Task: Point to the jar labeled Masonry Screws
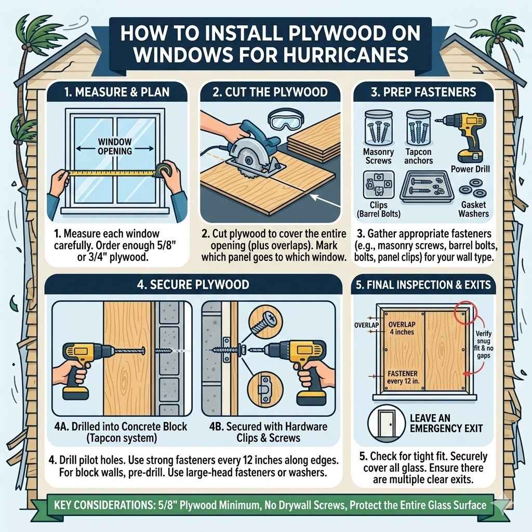coord(378,128)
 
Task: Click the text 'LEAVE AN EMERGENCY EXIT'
coord(446,423)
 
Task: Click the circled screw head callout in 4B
coord(266,323)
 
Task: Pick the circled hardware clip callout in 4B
coord(266,385)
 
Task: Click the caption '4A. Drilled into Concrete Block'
coord(121,427)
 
